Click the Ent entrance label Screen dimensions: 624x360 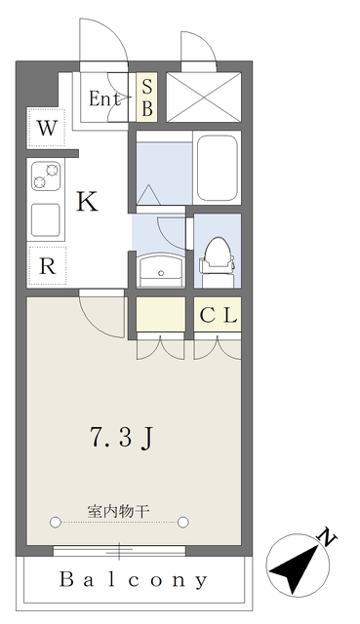[x=105, y=98]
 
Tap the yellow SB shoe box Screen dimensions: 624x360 [x=146, y=97]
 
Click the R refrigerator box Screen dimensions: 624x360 [x=47, y=263]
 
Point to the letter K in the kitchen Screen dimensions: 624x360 [x=87, y=202]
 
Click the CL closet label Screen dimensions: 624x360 [x=218, y=315]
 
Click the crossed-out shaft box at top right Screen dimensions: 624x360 [x=203, y=97]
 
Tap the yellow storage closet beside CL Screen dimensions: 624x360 [x=159, y=315]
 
